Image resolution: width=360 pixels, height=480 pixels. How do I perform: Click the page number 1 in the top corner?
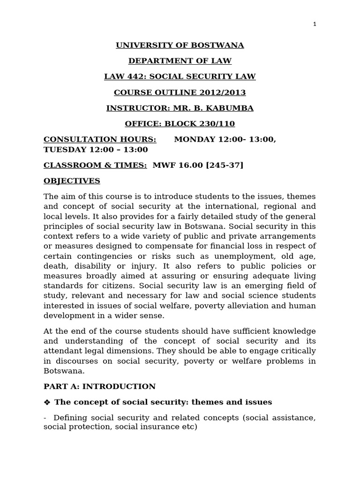(x=315, y=24)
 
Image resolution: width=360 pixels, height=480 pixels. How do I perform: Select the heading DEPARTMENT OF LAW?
(x=180, y=61)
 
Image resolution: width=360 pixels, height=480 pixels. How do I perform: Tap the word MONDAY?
(x=195, y=140)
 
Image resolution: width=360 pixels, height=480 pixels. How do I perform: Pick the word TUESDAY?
(x=65, y=150)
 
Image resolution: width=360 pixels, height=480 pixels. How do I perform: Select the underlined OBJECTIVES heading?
(x=72, y=181)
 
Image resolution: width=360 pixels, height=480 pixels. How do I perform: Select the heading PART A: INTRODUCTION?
(x=99, y=386)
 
